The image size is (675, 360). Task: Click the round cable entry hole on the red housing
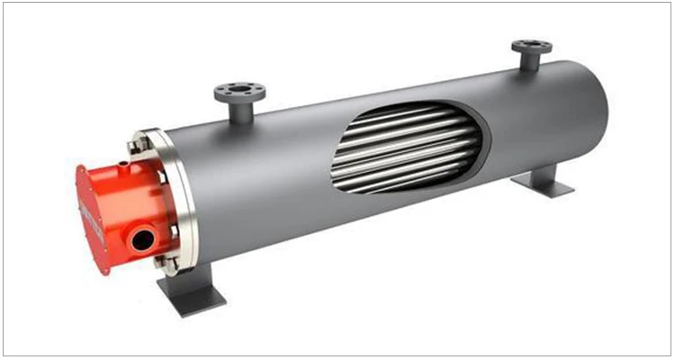139,240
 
